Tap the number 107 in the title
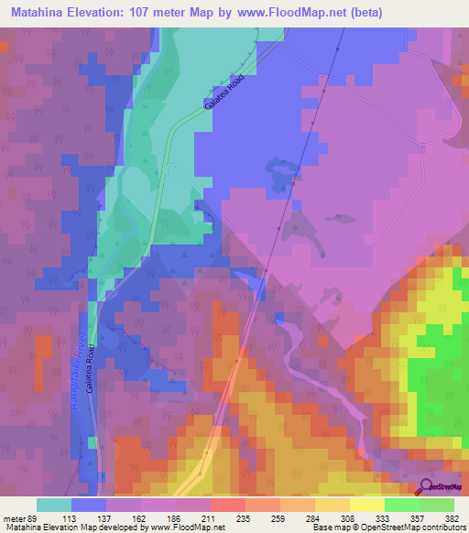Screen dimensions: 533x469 [x=152, y=13]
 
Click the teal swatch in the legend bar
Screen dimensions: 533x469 [x=53, y=505]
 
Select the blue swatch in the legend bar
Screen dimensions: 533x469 [x=88, y=505]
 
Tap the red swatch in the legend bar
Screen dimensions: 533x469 [x=227, y=505]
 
